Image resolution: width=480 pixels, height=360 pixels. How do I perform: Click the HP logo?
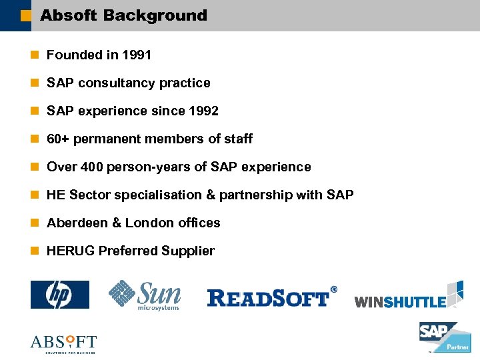60,295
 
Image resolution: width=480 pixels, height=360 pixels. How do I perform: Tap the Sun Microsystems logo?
144,295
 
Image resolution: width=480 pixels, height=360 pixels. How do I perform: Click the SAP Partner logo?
444,337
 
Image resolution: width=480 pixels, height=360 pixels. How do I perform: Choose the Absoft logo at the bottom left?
63,344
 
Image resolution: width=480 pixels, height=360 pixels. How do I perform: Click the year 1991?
137,55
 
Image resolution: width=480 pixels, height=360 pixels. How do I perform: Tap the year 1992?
204,111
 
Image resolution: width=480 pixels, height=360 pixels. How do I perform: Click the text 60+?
58,139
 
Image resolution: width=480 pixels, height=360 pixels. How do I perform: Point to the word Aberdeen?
73,223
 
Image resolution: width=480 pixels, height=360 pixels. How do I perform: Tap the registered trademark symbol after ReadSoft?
334,289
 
